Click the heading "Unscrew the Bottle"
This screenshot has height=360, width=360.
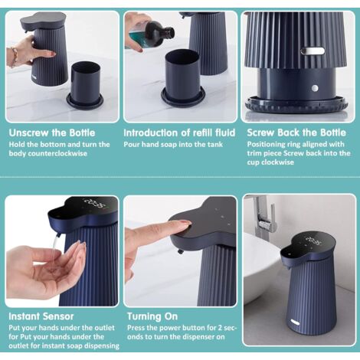pyautogui.click(x=52, y=133)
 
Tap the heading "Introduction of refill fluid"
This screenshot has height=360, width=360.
pyautogui.click(x=179, y=133)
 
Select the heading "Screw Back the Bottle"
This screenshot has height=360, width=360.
pyautogui.click(x=296, y=133)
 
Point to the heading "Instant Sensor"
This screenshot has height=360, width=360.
pyautogui.click(x=41, y=316)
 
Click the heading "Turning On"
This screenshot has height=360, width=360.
pyautogui.click(x=152, y=316)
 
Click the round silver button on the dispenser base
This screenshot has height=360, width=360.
pyautogui.click(x=315, y=89)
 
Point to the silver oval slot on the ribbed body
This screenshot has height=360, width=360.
pyautogui.click(x=313, y=51)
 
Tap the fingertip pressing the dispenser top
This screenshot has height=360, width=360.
pyautogui.click(x=186, y=224)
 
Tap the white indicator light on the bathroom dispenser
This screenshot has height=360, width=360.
pyautogui.click(x=295, y=322)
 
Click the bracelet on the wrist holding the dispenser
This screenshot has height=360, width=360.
pyautogui.click(x=14, y=57)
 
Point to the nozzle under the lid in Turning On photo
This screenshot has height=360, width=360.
pyautogui.click(x=181, y=251)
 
